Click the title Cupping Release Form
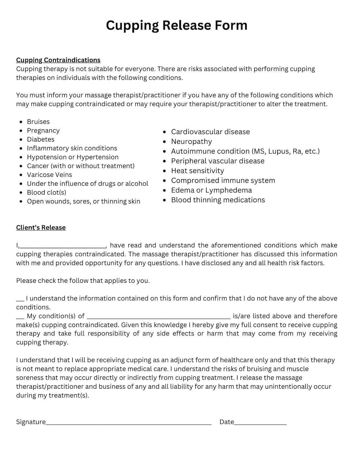(177, 25)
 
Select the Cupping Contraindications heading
(58, 60)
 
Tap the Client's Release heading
(41, 228)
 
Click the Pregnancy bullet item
(43, 131)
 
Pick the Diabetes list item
(40, 139)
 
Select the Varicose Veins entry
(49, 175)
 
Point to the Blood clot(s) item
(46, 192)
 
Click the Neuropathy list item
(191, 142)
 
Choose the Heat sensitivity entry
(197, 171)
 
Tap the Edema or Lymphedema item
(211, 190)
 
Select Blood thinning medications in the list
(218, 200)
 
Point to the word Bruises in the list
(38, 122)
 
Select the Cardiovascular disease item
(210, 132)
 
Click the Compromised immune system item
(223, 181)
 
